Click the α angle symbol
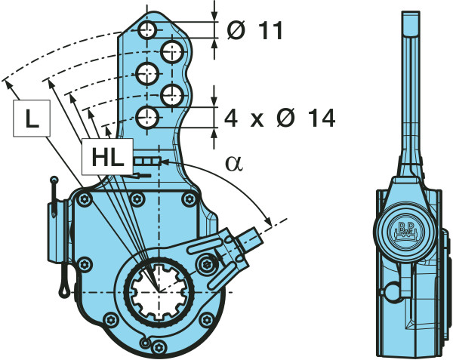[234, 164]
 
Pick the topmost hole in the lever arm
[147, 31]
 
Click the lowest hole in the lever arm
[148, 117]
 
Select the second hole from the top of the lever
[174, 52]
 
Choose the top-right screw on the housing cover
[186, 198]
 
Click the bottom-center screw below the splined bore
[155, 345]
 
